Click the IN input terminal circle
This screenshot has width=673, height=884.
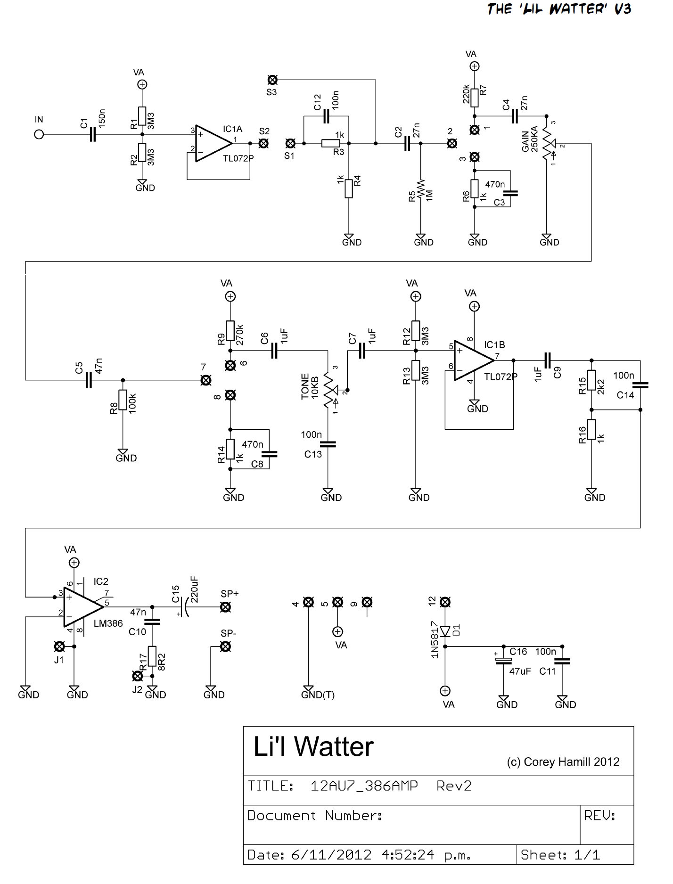[x=39, y=134]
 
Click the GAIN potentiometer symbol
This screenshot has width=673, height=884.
[x=548, y=143]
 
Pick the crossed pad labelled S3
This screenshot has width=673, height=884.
[x=272, y=80]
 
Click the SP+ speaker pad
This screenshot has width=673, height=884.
[x=226, y=607]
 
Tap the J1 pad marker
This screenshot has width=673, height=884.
[x=59, y=646]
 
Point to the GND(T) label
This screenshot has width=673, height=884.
[x=318, y=695]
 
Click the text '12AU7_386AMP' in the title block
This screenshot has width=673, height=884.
[x=364, y=786]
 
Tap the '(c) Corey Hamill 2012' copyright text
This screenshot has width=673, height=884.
[x=563, y=762]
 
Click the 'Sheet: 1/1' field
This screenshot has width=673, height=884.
[x=560, y=855]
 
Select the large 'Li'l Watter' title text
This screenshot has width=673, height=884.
[x=313, y=747]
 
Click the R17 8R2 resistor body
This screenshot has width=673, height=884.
[x=152, y=656]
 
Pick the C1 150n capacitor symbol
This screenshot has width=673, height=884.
[x=93, y=135]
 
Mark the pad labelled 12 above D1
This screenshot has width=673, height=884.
[x=445, y=602]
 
